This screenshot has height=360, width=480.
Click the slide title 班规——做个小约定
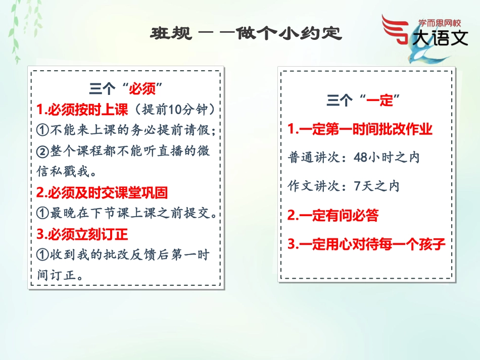point(246,34)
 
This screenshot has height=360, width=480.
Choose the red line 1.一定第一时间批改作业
point(360,129)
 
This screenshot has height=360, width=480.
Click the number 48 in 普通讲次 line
point(360,158)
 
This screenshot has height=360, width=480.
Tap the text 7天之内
point(376,186)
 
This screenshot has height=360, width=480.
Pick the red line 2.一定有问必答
point(333,216)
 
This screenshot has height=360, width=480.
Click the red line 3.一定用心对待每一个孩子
point(366,245)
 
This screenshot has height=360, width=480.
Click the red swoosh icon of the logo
point(397,30)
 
